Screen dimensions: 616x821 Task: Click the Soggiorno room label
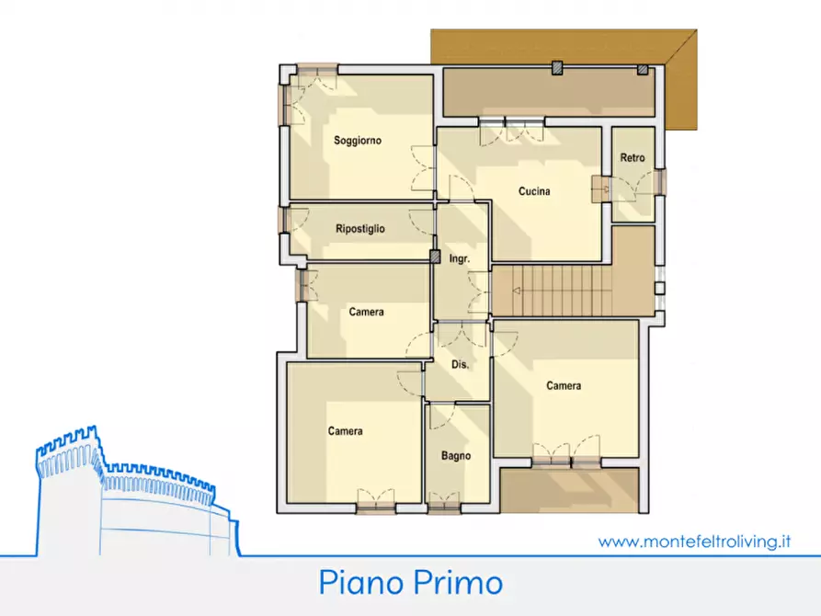click(x=358, y=141)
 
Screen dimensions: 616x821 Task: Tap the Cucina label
click(x=534, y=192)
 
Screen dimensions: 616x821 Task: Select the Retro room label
click(x=633, y=158)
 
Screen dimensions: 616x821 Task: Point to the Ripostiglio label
click(x=360, y=229)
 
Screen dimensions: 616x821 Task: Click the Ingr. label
click(x=460, y=259)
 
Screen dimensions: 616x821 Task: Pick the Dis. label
click(x=461, y=365)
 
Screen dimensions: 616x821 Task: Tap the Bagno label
click(x=456, y=456)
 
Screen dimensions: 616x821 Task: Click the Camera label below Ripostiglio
click(x=366, y=313)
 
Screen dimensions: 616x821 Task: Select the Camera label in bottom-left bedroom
click(x=345, y=431)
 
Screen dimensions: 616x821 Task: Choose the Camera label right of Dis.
click(x=564, y=386)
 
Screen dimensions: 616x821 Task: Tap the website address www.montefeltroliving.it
click(x=694, y=542)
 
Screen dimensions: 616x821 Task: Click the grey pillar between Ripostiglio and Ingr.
click(x=435, y=257)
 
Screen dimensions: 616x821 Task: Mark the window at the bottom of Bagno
click(x=445, y=506)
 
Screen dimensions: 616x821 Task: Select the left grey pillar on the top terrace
click(x=556, y=68)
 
